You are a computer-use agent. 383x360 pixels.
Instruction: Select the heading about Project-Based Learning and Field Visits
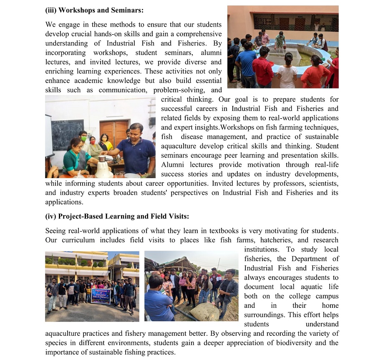(117, 216)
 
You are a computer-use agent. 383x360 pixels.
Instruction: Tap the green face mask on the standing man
(83, 138)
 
